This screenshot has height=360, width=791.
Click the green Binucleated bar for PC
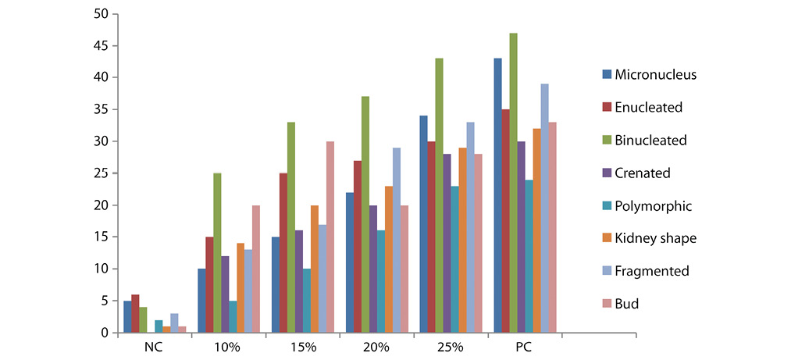tap(513, 184)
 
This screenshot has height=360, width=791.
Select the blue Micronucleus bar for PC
tap(497, 195)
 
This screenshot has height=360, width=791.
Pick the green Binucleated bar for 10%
tap(217, 253)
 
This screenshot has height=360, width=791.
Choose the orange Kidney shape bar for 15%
tap(315, 269)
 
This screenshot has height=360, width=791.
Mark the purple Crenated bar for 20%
tap(373, 269)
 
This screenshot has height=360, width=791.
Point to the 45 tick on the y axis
tap(100, 46)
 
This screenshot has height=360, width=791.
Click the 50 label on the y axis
tap(100, 14)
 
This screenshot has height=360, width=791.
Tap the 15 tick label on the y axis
tap(100, 237)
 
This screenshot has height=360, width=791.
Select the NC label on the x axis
tap(155, 346)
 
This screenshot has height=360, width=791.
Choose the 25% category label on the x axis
tap(451, 346)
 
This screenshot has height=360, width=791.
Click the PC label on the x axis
tap(526, 346)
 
